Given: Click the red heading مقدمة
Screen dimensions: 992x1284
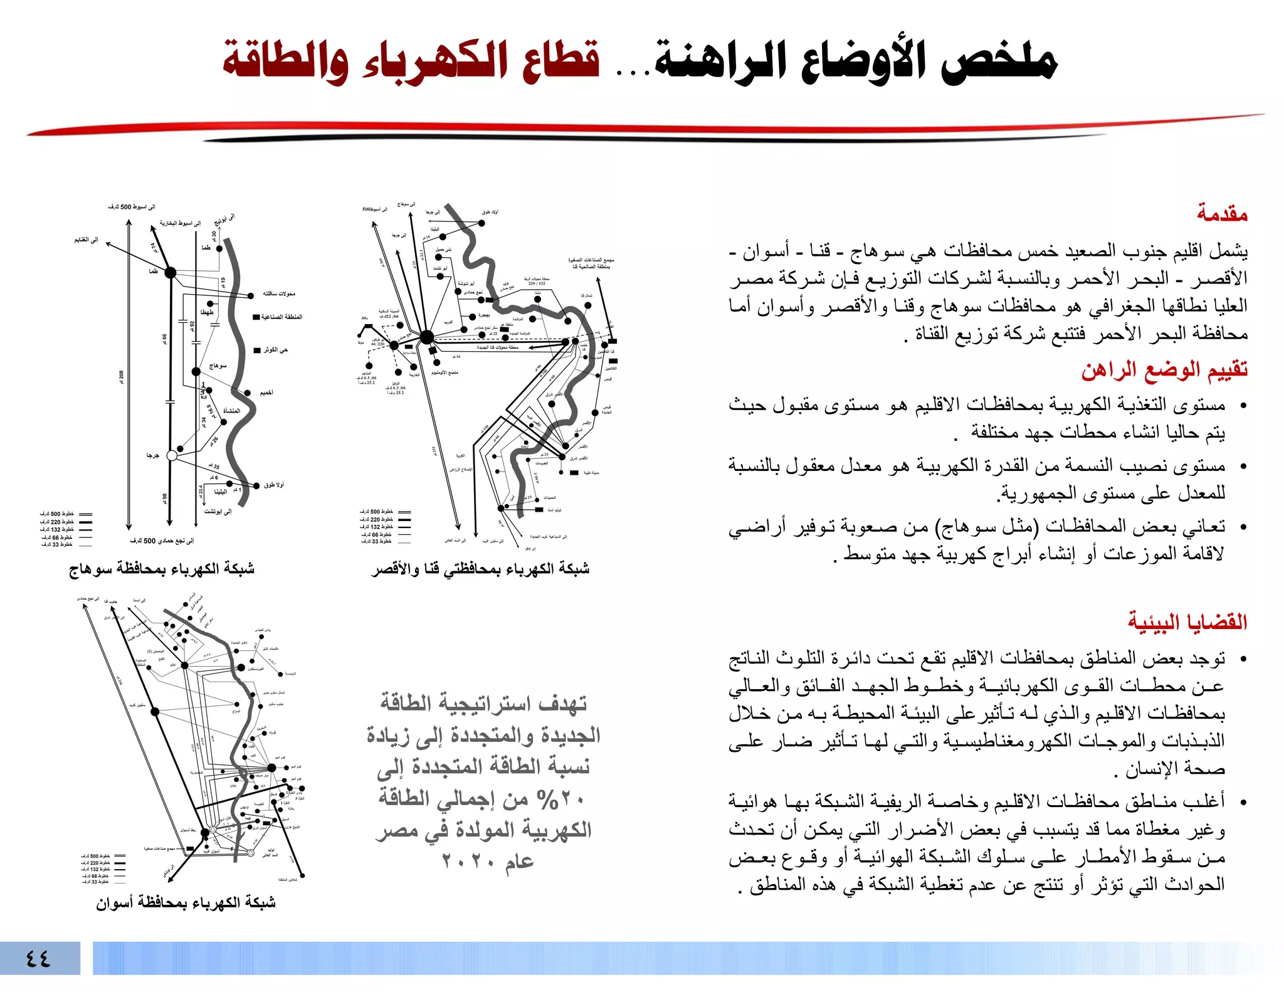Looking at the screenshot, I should (x=1221, y=214).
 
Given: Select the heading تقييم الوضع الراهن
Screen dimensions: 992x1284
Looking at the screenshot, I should (x=1164, y=370).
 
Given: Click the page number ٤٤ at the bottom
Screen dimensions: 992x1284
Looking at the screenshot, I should (x=38, y=958).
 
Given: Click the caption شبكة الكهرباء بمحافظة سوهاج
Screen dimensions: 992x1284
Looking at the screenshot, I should (x=162, y=569).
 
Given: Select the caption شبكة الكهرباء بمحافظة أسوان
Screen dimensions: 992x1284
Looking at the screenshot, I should (x=186, y=902).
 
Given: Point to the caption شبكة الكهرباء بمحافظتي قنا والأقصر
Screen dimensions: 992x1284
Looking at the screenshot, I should (x=480, y=569).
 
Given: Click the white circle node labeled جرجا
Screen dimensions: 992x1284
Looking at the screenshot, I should (x=172, y=456).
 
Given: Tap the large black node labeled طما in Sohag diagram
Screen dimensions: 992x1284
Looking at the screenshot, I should (x=170, y=273).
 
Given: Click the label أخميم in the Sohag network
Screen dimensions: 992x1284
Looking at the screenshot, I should (x=266, y=393).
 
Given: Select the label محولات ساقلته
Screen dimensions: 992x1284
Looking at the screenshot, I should (x=279, y=293).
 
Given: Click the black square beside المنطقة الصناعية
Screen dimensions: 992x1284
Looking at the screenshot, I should (x=256, y=317).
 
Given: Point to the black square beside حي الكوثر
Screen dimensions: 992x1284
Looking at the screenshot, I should (x=256, y=351).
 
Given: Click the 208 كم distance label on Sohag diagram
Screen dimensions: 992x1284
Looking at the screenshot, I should (x=122, y=376).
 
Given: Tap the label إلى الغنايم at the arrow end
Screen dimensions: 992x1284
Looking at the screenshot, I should (x=87, y=240).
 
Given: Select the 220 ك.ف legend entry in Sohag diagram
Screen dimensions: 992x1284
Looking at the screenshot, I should (x=58, y=522).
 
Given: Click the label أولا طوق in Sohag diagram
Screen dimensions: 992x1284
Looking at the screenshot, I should (x=274, y=485).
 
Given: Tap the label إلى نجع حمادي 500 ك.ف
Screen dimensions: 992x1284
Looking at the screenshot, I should (x=162, y=541).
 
